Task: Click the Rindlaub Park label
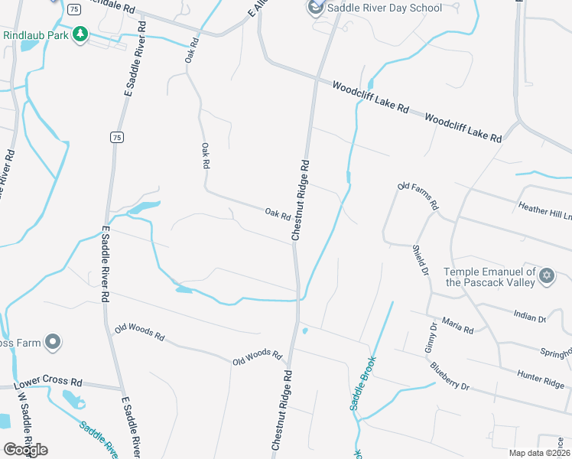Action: pyautogui.click(x=35, y=35)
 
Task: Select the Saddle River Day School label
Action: pyautogui.click(x=385, y=8)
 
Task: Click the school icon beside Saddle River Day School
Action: pyautogui.click(x=314, y=8)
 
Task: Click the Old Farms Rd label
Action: pyautogui.click(x=418, y=196)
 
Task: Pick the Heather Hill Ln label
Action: pyautogui.click(x=544, y=210)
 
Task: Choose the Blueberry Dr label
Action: pyautogui.click(x=449, y=376)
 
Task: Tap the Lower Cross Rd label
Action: pyautogui.click(x=48, y=381)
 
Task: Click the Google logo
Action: pyautogui.click(x=25, y=449)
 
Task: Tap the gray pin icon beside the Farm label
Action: pyautogui.click(x=53, y=342)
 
